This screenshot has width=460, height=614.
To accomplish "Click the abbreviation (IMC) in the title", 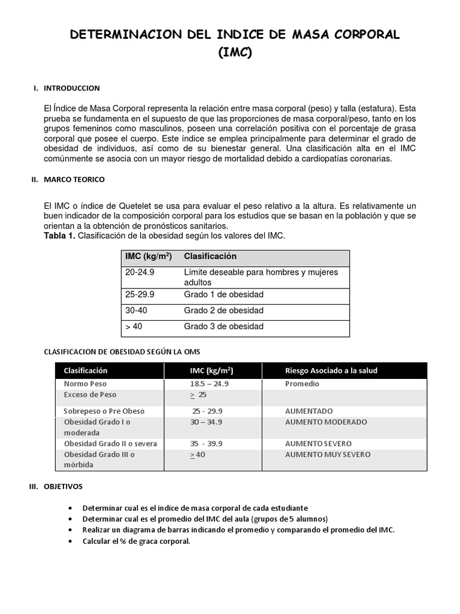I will pos(235,53).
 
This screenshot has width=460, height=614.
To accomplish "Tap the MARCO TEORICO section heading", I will pos(75,179).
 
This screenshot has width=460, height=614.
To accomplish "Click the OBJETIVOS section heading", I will pos(63,486).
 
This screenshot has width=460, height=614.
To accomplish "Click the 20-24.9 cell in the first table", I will pos(140,272).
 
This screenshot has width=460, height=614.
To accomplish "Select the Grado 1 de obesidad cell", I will pos(223,294).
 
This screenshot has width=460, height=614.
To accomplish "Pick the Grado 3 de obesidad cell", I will pos(223,327).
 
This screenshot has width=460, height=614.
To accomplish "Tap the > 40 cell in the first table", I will pos(134,327).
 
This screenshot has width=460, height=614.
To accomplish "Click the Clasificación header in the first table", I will pos(210,257).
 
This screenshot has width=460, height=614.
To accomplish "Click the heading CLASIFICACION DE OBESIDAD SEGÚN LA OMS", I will pos(127,352).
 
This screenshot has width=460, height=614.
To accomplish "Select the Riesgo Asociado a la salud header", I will pos(331,371).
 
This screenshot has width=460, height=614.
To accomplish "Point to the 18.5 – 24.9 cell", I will pos(209,384).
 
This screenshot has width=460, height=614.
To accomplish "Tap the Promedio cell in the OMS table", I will pos(302,384).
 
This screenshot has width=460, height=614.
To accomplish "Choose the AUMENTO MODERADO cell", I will pos(326,422).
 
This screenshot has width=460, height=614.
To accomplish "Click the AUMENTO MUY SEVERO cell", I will pos(328,455).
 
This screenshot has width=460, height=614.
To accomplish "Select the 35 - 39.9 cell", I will pos(206,444).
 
